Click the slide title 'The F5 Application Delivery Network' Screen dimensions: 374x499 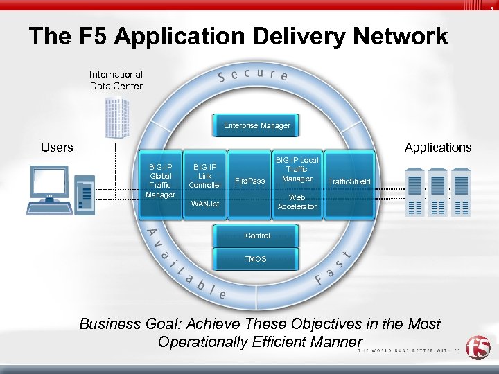pos(239,37)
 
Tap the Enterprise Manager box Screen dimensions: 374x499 pos(256,125)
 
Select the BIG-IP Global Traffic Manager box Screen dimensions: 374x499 pos(161,181)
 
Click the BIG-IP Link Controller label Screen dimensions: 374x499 pos(205,176)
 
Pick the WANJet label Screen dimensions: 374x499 pos(205,204)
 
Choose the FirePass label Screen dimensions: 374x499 pos(250,181)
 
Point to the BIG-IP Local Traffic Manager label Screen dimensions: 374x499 pos(297,170)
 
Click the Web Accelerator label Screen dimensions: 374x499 pos(297,202)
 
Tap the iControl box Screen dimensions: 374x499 pos(257,236)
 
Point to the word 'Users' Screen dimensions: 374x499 pos(57,147)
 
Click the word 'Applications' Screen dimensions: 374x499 pos(437,147)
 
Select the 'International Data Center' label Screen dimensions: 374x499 pos(116,80)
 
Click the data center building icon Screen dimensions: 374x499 pos(116,118)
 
